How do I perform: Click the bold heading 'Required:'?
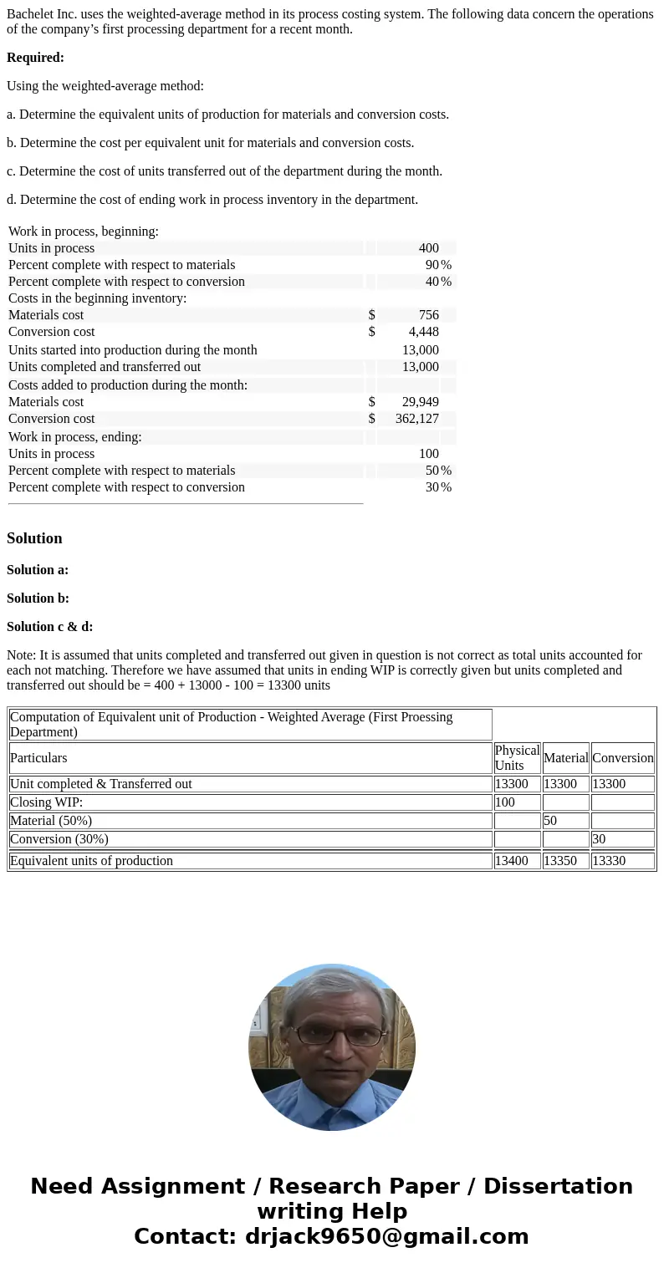[x=35, y=58]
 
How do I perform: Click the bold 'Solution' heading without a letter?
[x=34, y=538]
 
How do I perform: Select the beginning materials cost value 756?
[x=428, y=315]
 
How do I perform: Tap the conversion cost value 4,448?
[x=423, y=332]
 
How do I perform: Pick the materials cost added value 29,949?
[x=420, y=402]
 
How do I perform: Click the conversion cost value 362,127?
[x=416, y=419]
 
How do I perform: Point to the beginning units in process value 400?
[x=428, y=248]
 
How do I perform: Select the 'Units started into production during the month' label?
[x=133, y=350]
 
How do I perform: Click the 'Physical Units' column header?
[x=517, y=757]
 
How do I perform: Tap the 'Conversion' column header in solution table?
[x=622, y=758]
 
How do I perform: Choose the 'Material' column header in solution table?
[x=565, y=758]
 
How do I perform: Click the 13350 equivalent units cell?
[x=560, y=861]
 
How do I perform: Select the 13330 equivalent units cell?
[x=609, y=861]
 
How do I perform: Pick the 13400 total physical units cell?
[x=512, y=861]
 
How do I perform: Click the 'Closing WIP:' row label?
[x=46, y=802]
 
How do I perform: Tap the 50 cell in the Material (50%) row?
[x=550, y=821]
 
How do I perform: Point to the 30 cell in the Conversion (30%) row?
[x=599, y=839]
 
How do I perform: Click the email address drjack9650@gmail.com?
[x=386, y=1236]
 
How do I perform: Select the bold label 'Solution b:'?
[x=38, y=598]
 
